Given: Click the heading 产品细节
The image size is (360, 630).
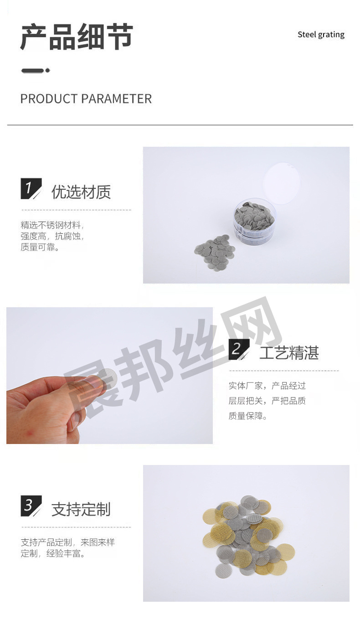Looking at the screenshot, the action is pos(77,37).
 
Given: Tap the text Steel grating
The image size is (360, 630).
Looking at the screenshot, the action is pos(321,35).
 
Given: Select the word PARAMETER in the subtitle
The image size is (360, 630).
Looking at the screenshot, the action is pos(117,99).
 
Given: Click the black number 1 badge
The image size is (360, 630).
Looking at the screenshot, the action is pos(31,188).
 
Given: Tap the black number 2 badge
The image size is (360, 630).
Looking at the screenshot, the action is pos(239,349).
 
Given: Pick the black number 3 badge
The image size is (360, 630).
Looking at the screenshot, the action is pos(31,506).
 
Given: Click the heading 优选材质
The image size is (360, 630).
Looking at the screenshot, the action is pos(81,192).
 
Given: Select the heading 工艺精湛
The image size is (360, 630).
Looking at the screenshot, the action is pos(289,353).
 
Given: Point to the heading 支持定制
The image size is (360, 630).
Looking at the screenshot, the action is pos(81,509).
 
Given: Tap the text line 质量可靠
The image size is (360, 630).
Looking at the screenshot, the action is pos(40,247).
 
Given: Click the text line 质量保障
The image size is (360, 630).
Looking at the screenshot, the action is pos(247,415).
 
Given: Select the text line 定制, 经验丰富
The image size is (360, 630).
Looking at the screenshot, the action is pos(52,553).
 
